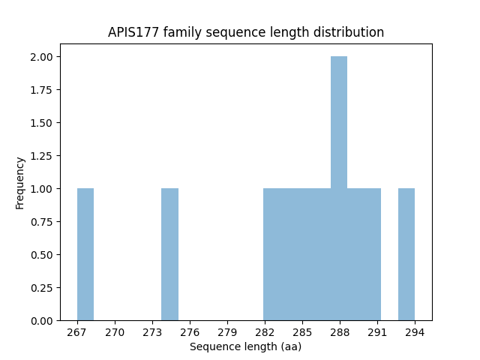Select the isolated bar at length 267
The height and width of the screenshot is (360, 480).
[85, 254]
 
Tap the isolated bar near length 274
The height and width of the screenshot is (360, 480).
[169, 254]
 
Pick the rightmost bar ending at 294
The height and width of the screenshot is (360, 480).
[406, 254]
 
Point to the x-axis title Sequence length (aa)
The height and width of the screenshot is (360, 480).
[245, 346]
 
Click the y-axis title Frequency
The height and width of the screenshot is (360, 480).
[20, 182]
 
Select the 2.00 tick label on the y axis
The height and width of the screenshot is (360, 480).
[40, 57]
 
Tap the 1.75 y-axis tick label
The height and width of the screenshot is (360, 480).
[40, 90]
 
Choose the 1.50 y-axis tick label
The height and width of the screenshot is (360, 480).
[40, 123]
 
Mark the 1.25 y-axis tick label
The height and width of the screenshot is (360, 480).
[40, 156]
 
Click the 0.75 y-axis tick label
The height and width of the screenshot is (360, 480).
[40, 221]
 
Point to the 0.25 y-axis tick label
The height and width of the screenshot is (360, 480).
[40, 287]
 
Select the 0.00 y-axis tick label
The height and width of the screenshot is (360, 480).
[40, 320]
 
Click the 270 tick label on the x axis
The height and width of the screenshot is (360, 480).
[115, 331]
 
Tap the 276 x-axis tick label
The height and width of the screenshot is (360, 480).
[190, 331]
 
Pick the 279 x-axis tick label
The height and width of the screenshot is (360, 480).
[227, 331]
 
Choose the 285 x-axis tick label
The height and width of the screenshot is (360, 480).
[302, 331]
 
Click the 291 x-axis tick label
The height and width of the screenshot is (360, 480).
[377, 331]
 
